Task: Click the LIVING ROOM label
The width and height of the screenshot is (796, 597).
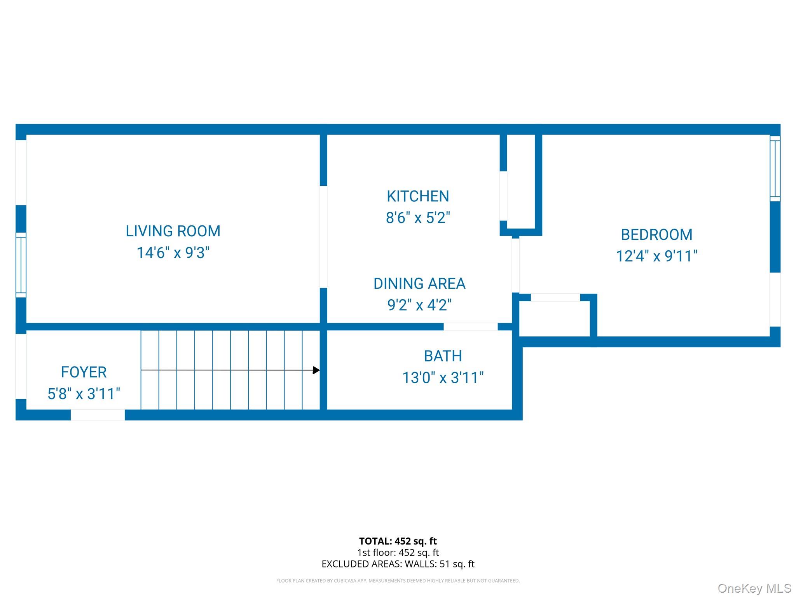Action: point(173,231)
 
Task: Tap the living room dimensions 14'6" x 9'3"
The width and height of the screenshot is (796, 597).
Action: point(173,253)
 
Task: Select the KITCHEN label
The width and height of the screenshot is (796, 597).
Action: point(418,196)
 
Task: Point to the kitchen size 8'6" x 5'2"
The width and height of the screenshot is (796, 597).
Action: point(418,218)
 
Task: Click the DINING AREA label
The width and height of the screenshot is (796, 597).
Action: point(419,284)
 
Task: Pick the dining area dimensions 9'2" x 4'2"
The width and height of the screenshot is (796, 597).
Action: point(419,305)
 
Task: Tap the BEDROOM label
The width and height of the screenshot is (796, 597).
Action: point(656,235)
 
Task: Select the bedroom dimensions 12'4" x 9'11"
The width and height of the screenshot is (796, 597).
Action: point(656,256)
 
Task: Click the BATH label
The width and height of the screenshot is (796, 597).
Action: point(443,356)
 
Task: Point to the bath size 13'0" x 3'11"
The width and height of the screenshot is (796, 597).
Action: point(443,378)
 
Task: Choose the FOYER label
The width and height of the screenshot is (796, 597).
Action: point(84,372)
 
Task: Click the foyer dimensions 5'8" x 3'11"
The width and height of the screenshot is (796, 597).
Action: point(84,394)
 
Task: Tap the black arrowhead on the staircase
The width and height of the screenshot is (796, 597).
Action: point(316,370)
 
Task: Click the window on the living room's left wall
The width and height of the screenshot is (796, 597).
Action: point(21,265)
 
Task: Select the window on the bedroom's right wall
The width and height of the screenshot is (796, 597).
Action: point(775,168)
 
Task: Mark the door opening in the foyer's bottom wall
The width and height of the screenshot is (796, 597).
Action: point(98,415)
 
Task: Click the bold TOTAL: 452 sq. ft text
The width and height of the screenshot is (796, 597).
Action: point(398,541)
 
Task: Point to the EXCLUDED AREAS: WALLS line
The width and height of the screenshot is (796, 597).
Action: point(398,564)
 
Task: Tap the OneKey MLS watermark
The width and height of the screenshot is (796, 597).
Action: point(754,588)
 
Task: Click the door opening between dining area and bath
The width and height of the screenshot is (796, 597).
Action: point(470,326)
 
